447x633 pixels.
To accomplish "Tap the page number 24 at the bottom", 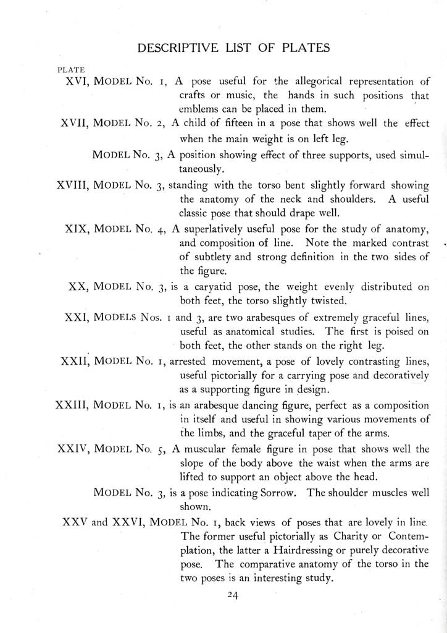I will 232,595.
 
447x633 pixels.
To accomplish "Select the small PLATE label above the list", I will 70,69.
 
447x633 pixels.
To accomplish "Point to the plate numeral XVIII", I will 70,184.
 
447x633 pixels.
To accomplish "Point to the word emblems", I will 201,109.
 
